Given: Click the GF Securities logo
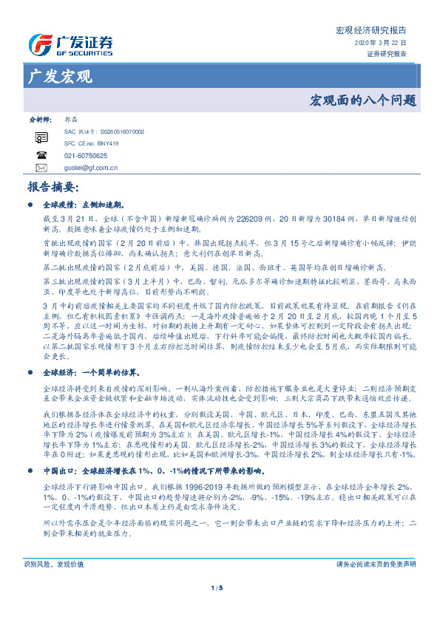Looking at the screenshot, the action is coord(70,44).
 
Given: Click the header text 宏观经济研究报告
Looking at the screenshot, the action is coord(370,30).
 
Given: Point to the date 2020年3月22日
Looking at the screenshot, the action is coord(385,43).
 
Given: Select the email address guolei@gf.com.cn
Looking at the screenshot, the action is coord(91,168).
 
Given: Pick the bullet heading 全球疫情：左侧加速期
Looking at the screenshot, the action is coord(83,203).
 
